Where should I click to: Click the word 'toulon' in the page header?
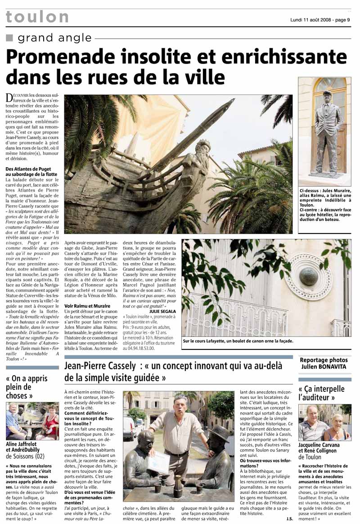point(37,17)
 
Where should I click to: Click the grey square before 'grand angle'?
point(9,38)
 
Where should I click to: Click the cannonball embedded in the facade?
point(309,275)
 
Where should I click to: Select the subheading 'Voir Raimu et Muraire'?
point(88,305)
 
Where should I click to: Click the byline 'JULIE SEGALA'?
point(163,310)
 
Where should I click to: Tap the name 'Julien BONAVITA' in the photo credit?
point(324,367)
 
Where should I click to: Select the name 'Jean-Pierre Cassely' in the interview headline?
point(100,366)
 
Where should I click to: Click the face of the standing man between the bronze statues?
point(180,403)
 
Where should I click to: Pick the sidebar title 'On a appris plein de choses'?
point(26,387)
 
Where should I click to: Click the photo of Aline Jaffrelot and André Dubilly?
point(32,421)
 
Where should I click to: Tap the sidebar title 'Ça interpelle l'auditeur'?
point(321,393)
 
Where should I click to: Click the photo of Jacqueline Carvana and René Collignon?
point(325,422)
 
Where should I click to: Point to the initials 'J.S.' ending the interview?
point(289,519)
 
